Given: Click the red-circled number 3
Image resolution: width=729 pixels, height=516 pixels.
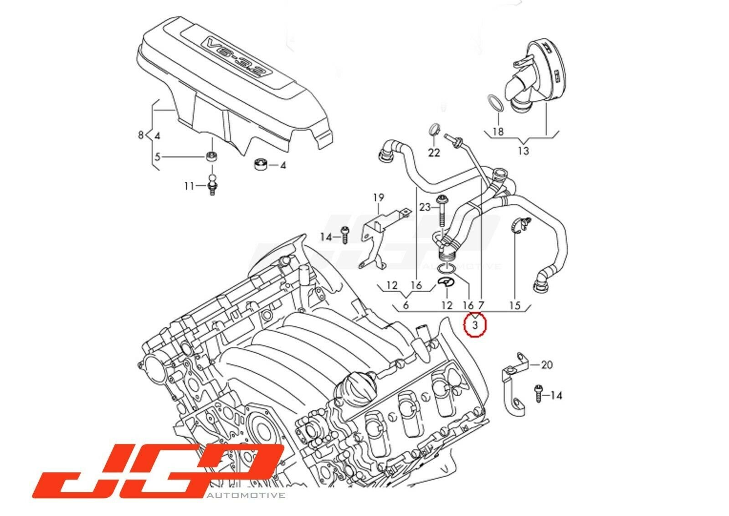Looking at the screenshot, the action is (x=475, y=325).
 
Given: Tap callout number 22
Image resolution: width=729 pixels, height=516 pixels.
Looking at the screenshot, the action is (x=434, y=153).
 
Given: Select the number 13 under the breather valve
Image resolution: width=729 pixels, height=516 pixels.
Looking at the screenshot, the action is (x=524, y=151).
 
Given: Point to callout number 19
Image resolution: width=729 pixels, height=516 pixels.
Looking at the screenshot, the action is (x=379, y=198).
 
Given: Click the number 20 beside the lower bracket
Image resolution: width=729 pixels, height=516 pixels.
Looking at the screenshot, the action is (x=547, y=365).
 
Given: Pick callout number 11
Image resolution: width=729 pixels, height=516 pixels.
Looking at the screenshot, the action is (x=190, y=186).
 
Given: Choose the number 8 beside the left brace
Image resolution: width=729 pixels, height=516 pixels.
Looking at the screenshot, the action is (x=141, y=135).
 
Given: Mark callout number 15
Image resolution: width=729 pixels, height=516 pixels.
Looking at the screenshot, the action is (x=515, y=306).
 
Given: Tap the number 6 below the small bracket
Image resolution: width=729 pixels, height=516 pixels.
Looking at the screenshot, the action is (x=406, y=305).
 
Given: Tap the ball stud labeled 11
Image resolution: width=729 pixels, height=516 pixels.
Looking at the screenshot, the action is (x=212, y=185).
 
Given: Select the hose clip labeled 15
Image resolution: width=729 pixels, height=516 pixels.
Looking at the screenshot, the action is (x=521, y=226).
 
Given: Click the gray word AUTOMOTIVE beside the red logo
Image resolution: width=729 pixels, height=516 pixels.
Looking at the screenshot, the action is (x=246, y=495).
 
